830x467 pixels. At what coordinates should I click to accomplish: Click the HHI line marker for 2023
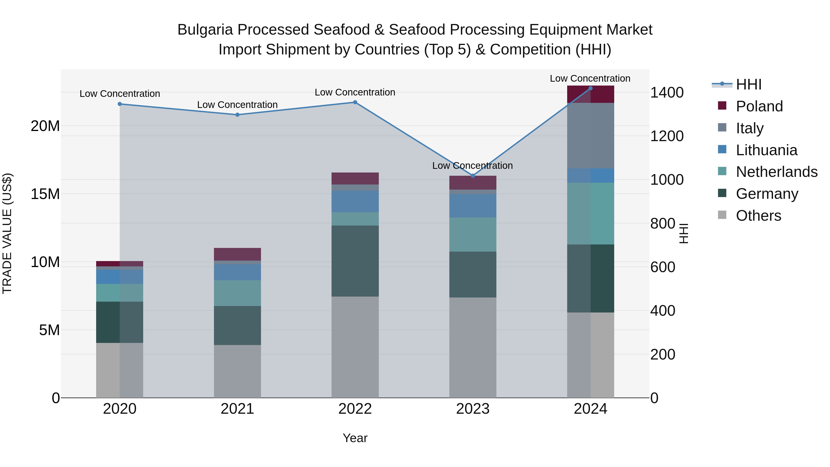(473, 176)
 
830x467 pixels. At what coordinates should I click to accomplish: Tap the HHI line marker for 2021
(237, 115)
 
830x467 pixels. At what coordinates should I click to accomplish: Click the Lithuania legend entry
(766, 150)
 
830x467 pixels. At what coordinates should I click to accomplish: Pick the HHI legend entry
(748, 84)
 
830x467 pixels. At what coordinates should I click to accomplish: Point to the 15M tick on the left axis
(45, 194)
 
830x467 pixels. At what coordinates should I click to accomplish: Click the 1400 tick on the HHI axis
(667, 92)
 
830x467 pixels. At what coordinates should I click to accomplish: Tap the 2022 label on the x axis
(355, 409)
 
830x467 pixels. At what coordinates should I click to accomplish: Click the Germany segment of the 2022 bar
(355, 261)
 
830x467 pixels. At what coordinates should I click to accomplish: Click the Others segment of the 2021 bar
(237, 371)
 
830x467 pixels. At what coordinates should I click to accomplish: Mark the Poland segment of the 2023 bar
(473, 183)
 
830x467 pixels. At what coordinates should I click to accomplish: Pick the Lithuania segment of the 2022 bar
(355, 201)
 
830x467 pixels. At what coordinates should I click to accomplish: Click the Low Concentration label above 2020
(120, 94)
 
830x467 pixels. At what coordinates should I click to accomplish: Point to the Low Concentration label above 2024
(590, 79)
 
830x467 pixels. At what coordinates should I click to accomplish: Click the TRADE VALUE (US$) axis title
(7, 233)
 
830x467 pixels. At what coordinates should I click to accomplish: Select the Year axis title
(355, 438)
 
